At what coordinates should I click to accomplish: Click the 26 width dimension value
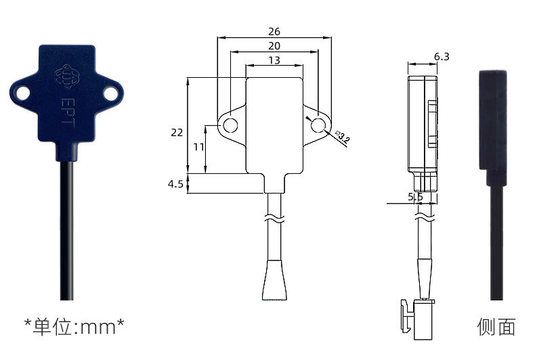click(274, 32)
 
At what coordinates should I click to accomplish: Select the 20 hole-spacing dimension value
click(274, 46)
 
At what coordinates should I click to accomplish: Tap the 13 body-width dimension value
click(274, 60)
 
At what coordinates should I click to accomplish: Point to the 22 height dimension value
click(177, 132)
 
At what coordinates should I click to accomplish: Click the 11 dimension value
click(198, 147)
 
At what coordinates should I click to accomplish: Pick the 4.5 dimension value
click(175, 184)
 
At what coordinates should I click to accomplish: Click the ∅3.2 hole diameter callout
click(343, 137)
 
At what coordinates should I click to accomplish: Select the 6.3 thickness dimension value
click(442, 57)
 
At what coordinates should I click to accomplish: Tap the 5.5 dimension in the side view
click(415, 197)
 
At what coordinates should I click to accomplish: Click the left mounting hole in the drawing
click(231, 125)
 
